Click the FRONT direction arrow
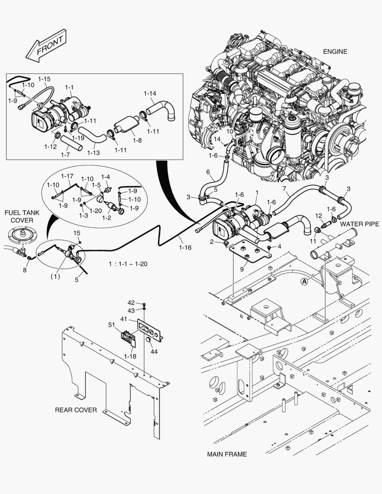coord(46,46)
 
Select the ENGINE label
coord(335,51)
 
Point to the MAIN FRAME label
coord(226,454)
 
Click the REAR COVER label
coord(76,410)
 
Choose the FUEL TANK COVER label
coord(19,217)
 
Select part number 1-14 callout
coord(150,94)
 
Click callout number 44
coord(154,351)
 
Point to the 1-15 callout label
coord(44,79)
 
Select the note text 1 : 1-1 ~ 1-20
coord(129,264)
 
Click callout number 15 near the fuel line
coord(77,233)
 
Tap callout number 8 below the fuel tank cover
coord(25,270)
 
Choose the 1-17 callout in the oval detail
coord(67,176)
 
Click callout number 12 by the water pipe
coord(318,215)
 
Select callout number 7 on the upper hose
coord(284,189)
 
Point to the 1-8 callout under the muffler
coord(137,141)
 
